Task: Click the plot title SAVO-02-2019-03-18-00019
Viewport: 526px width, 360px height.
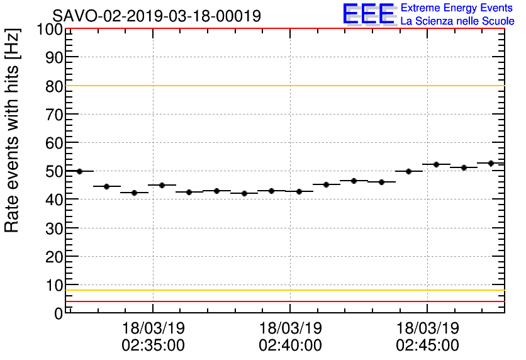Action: (x=156, y=16)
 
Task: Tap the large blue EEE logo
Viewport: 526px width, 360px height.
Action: (x=369, y=14)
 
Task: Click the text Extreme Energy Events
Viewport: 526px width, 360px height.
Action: (x=457, y=8)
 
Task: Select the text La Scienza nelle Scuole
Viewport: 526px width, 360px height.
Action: (x=457, y=21)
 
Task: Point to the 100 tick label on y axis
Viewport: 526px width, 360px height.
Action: (x=50, y=30)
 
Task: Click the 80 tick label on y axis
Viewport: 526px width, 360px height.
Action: (x=54, y=86)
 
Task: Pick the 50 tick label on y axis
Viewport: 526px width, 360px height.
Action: (x=54, y=171)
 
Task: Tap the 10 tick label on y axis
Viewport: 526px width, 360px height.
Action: (x=54, y=284)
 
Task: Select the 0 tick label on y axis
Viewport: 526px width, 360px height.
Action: (x=59, y=313)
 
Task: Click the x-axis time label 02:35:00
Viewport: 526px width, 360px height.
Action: (x=153, y=346)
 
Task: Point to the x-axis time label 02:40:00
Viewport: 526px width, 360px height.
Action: (x=290, y=346)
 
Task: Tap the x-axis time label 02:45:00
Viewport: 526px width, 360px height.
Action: (x=427, y=346)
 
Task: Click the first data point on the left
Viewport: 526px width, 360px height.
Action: (x=79, y=171)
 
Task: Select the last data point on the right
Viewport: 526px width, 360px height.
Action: (x=491, y=164)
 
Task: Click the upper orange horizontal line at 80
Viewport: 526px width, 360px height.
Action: (x=283, y=86)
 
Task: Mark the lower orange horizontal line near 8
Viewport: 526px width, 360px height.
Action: (x=283, y=290)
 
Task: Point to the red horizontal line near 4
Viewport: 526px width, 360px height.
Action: (x=283, y=301)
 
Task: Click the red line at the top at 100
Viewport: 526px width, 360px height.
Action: (x=283, y=29)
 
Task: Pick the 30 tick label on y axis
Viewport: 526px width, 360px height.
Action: (x=54, y=228)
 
